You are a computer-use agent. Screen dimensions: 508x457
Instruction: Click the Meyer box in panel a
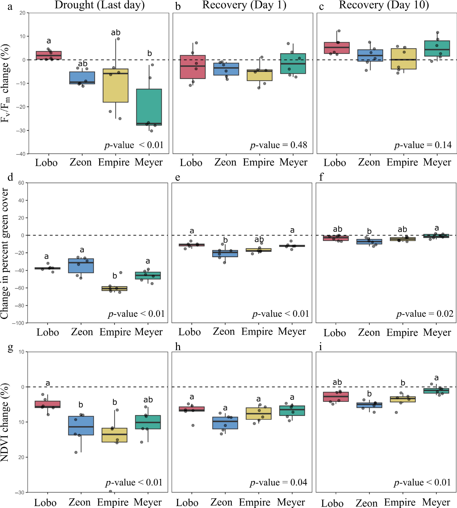point(149,107)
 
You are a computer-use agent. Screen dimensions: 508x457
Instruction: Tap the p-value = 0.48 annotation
point(278,145)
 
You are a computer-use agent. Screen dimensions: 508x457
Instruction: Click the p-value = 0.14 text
point(423,145)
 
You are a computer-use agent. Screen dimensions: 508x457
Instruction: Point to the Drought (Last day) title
point(99,5)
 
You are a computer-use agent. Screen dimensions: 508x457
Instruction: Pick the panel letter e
point(178,177)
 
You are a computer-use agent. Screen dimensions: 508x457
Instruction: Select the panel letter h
point(178,347)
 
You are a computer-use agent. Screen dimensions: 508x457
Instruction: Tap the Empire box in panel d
point(115,289)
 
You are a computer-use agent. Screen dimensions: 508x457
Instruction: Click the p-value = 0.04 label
point(278,482)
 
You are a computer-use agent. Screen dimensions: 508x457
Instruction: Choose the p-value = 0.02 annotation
point(425,314)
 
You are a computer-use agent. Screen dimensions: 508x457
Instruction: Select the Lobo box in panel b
point(193,67)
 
